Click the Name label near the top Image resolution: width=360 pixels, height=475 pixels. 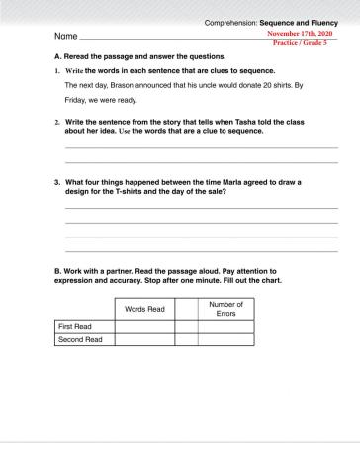pos(64,37)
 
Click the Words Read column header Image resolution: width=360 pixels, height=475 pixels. pos(144,310)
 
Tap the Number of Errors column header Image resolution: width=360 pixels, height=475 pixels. pos(226,309)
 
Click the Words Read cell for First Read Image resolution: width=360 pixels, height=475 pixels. pos(144,326)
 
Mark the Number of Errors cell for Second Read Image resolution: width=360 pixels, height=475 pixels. pos(226,339)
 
